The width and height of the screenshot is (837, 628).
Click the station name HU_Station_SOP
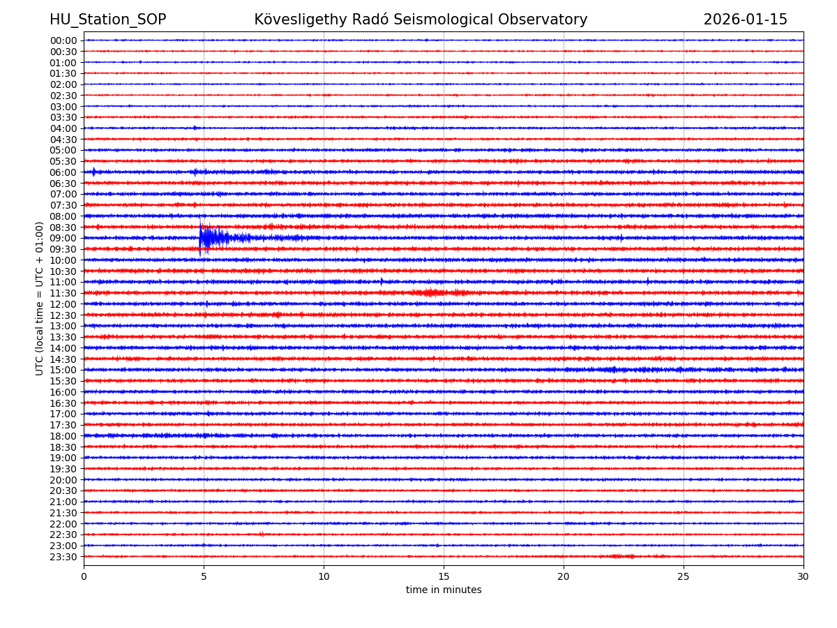click(x=107, y=20)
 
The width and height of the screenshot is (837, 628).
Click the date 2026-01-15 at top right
click(x=745, y=20)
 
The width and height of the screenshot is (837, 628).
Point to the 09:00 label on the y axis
click(x=63, y=238)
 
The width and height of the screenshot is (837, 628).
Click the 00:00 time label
click(x=63, y=40)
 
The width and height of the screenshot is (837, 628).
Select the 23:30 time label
click(x=63, y=557)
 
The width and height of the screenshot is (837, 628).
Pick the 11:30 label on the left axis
click(x=63, y=293)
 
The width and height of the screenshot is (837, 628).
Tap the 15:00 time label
click(x=63, y=370)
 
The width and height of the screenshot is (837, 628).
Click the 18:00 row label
click(x=63, y=436)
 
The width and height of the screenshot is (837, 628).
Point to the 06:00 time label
click(x=63, y=172)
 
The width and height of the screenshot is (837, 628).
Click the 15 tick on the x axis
click(x=444, y=576)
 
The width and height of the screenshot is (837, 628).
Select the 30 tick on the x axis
click(x=804, y=576)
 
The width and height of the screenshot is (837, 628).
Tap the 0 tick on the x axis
click(x=84, y=576)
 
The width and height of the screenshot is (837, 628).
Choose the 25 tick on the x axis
click(x=684, y=576)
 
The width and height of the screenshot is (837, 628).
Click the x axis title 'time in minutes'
click(x=444, y=590)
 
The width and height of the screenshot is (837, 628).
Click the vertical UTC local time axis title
click(x=40, y=298)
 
